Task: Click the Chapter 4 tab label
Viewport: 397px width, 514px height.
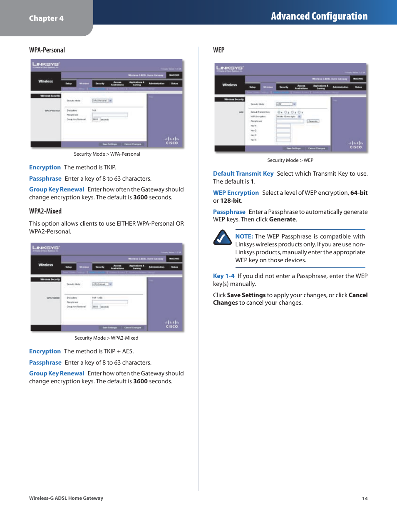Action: click(x=46, y=18)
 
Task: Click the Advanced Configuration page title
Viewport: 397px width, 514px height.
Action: click(x=319, y=16)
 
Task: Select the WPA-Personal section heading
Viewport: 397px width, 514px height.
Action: click(x=47, y=50)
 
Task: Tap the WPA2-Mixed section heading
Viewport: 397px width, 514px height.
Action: click(x=45, y=211)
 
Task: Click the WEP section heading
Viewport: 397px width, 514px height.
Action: click(x=218, y=50)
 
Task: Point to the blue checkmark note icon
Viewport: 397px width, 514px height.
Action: click(x=222, y=238)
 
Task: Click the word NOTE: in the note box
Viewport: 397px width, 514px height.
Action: click(x=244, y=236)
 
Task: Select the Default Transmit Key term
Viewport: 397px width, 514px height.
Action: click(x=243, y=174)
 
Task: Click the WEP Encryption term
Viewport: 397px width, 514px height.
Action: click(x=236, y=193)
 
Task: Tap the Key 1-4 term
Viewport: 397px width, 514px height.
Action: click(x=223, y=276)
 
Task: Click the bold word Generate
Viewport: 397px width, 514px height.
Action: click(x=282, y=219)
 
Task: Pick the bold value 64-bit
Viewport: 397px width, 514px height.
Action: click(x=359, y=193)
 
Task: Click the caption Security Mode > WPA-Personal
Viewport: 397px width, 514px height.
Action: click(x=107, y=154)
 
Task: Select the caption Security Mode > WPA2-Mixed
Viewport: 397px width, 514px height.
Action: click(x=106, y=338)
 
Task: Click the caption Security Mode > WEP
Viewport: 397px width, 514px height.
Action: click(x=290, y=160)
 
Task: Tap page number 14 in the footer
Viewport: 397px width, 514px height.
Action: click(x=365, y=499)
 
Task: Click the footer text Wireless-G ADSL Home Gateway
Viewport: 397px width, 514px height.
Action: click(x=66, y=498)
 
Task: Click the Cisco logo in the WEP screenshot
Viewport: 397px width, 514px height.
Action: click(x=355, y=145)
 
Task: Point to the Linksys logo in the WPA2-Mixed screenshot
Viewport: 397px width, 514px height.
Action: click(x=46, y=248)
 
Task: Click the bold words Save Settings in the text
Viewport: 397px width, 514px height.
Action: click(x=246, y=295)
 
